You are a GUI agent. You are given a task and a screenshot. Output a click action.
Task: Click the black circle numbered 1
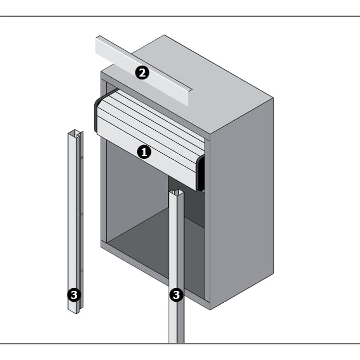click(x=144, y=152)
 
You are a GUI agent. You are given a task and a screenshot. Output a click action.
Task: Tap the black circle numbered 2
click(x=142, y=73)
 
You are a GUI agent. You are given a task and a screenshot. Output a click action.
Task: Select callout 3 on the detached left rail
click(x=74, y=295)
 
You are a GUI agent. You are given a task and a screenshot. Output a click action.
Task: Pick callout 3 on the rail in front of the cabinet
click(x=177, y=295)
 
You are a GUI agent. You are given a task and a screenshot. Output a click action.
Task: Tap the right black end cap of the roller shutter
click(x=201, y=173)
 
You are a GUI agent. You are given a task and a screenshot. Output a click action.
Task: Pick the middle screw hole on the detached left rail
click(x=82, y=214)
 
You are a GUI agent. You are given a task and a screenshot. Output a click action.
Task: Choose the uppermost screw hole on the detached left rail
click(x=82, y=158)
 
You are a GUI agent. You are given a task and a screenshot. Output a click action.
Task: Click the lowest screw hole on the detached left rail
click(x=82, y=270)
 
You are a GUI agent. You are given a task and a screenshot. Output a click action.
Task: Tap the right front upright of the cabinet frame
click(x=207, y=221)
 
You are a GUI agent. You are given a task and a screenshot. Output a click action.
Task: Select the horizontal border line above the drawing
click(x=180, y=17)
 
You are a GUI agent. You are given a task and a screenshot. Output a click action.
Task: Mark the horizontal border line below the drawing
click(x=180, y=343)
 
